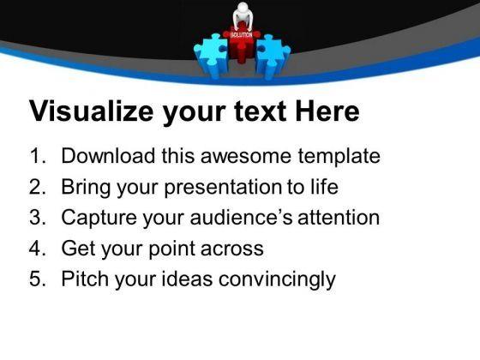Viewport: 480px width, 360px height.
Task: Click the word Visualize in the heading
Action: point(91,111)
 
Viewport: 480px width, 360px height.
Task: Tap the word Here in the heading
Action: point(327,111)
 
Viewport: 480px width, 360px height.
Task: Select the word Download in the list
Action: point(108,156)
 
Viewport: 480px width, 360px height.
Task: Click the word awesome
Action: point(245,156)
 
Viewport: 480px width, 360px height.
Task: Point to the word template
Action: point(339,156)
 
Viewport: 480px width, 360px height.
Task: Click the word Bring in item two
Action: point(86,187)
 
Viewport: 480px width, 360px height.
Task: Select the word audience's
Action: point(241,217)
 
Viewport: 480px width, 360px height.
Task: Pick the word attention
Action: point(339,217)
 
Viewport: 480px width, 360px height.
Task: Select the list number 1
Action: point(38,156)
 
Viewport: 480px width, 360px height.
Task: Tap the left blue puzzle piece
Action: point(210,57)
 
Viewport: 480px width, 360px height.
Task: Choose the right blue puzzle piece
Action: point(273,57)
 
